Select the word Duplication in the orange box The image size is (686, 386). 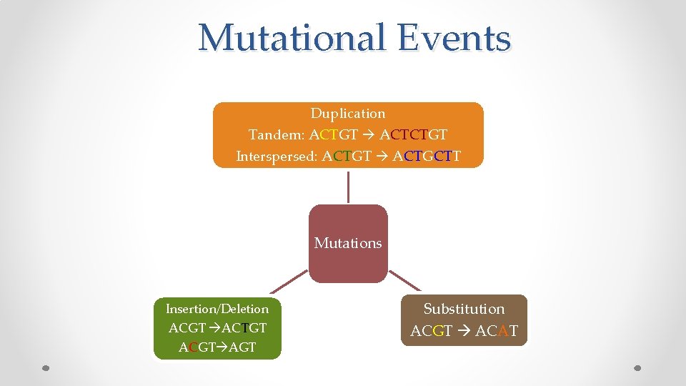(348, 114)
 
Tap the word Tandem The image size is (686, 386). (276, 134)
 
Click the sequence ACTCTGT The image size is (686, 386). (414, 134)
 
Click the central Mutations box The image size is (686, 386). (348, 243)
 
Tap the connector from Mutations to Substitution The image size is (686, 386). (404, 279)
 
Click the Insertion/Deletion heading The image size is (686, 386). (217, 309)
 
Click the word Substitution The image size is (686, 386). (464, 309)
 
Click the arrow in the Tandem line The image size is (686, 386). (369, 134)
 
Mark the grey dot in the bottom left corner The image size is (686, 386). (45, 368)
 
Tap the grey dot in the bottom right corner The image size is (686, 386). (639, 368)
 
